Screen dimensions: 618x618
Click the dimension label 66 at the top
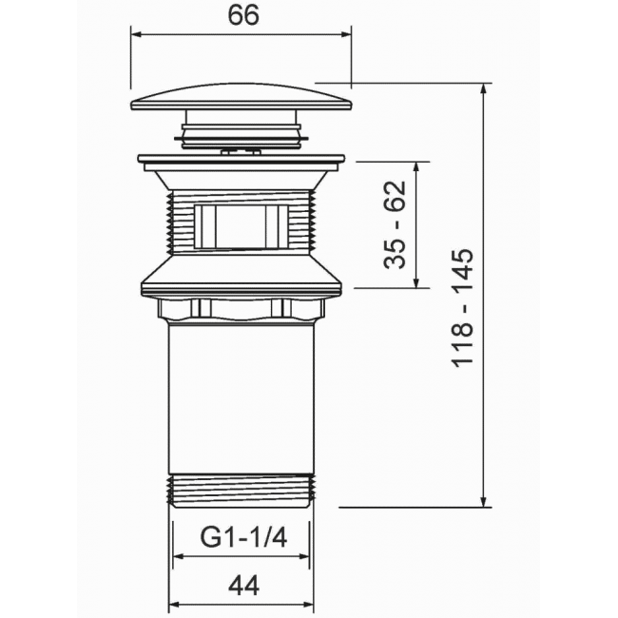click(243, 15)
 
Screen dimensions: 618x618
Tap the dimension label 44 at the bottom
click(243, 586)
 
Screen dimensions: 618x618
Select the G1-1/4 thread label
click(244, 537)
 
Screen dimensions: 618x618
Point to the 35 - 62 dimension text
click(395, 224)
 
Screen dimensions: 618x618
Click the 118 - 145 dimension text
click(462, 308)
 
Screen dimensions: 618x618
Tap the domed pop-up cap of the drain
click(241, 98)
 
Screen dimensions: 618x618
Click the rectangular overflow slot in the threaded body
click(241, 226)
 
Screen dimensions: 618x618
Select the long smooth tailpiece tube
click(241, 398)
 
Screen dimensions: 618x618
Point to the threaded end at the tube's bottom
click(241, 491)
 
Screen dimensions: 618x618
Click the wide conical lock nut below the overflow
click(241, 276)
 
